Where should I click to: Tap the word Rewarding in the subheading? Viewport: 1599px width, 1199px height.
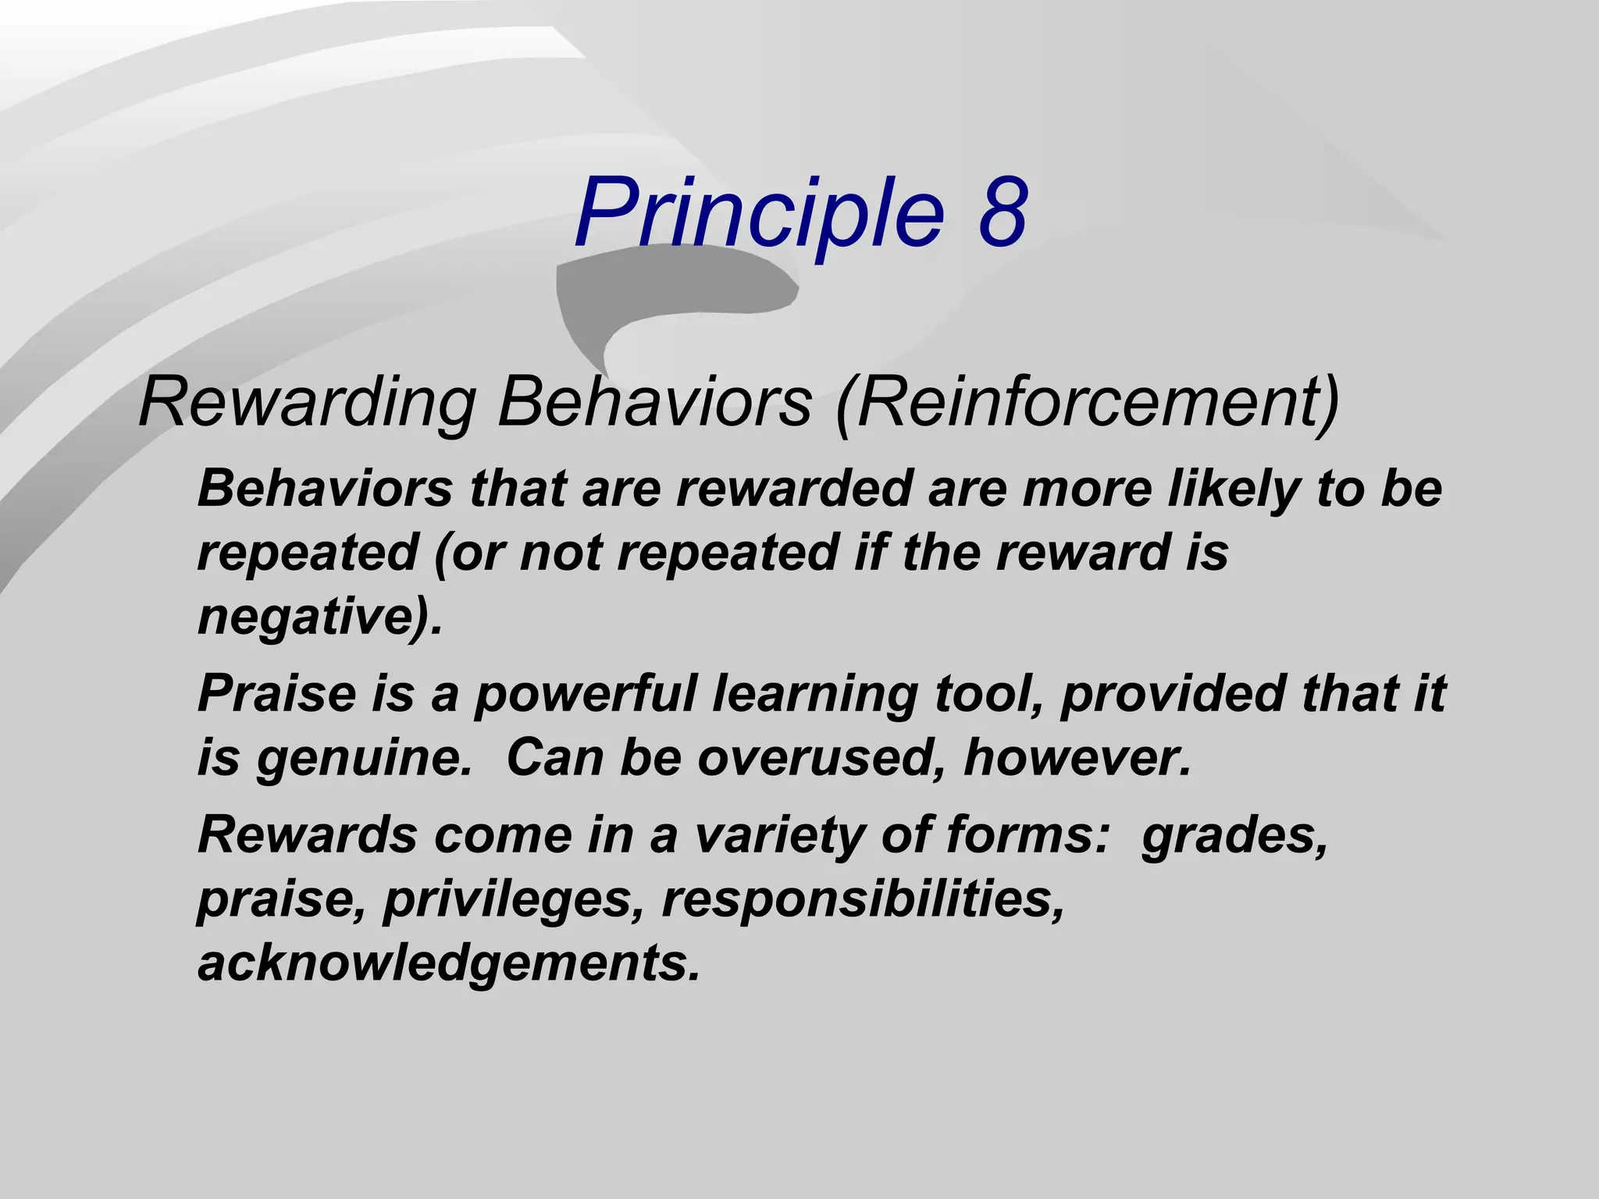pyautogui.click(x=307, y=404)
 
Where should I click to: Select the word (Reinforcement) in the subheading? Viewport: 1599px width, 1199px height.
pyautogui.click(x=1088, y=404)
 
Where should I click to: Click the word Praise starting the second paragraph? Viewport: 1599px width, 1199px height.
pyautogui.click(x=276, y=693)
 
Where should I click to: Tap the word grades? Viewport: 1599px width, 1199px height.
pyautogui.click(x=1234, y=837)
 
